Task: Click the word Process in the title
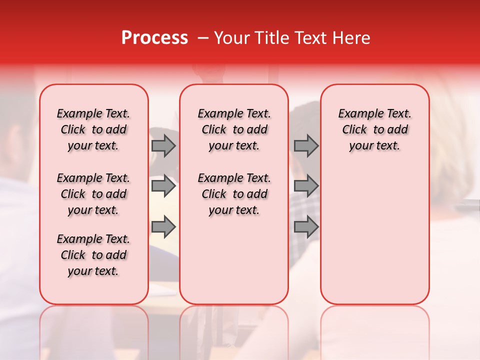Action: click(154, 38)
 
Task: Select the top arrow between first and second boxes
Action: click(163, 146)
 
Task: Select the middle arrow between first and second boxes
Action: click(163, 186)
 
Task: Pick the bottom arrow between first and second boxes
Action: click(163, 227)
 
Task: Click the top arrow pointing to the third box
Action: click(306, 146)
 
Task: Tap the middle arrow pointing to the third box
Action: click(306, 186)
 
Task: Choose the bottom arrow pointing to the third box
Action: click(306, 227)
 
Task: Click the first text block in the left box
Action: click(93, 129)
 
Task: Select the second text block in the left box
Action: click(93, 194)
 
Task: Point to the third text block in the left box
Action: click(93, 255)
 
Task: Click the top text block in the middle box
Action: click(234, 129)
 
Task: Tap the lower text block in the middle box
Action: click(234, 194)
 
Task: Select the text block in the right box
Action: click(374, 129)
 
